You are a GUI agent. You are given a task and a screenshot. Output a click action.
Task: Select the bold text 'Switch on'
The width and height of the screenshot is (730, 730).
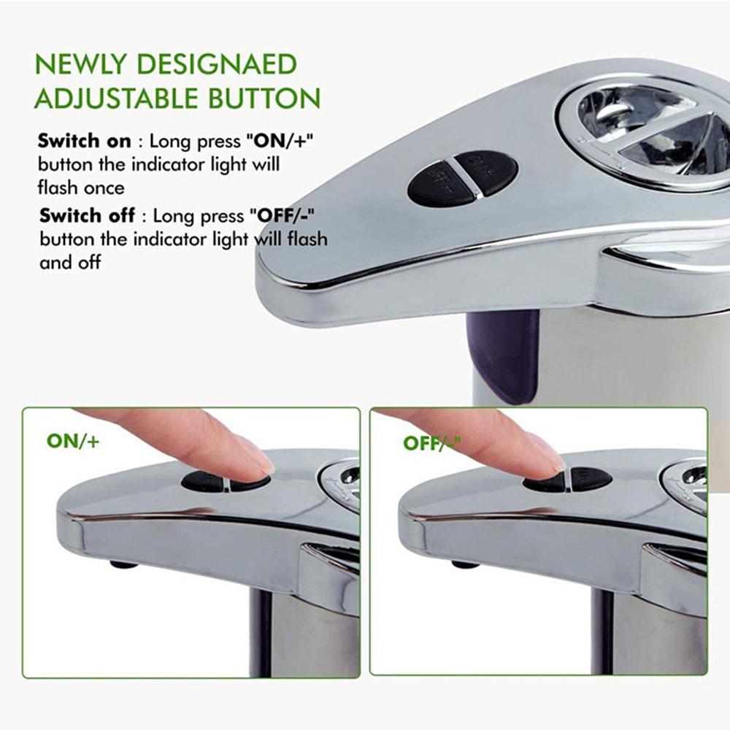85,141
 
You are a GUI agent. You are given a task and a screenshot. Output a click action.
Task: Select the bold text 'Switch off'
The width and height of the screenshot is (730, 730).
87,216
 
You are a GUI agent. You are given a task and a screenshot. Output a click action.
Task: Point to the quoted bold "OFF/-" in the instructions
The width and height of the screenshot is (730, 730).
286,216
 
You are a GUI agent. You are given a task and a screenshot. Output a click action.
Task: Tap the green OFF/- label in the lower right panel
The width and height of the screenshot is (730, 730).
430,442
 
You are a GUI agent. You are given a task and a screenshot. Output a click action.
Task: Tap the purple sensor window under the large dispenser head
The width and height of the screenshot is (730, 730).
503,354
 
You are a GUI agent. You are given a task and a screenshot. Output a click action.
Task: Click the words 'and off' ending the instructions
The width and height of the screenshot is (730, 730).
70,262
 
